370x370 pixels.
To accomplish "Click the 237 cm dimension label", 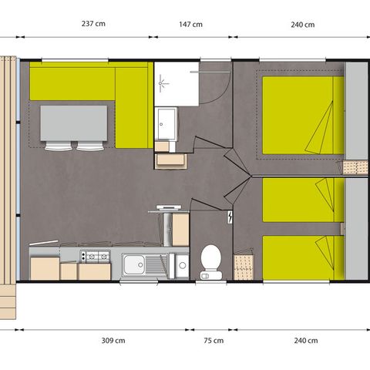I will [92, 24].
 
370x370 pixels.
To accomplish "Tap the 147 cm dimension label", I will [191, 24].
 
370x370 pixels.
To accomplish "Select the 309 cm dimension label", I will [114, 341].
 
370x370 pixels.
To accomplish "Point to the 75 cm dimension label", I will [213, 341].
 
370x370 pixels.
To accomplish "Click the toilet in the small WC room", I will [210, 261].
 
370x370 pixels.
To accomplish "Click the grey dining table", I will [74, 123].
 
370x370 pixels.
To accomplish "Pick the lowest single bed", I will [301, 257].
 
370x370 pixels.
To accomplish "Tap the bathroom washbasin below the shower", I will [166, 122].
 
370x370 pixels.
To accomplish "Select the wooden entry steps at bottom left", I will [7, 300].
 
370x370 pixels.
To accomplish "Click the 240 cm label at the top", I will [302, 24].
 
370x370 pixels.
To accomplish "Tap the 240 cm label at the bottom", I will [306, 341].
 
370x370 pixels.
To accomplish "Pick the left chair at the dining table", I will [57, 146].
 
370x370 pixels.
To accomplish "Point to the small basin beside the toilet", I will [182, 267].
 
